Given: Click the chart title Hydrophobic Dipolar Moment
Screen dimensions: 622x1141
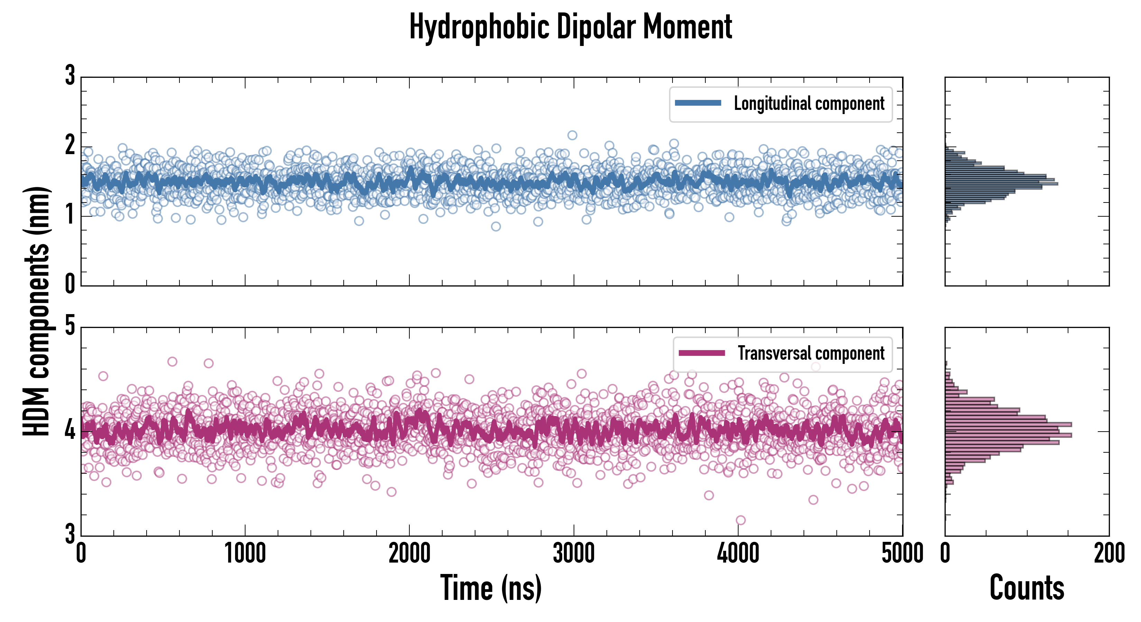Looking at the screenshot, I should coord(570,27).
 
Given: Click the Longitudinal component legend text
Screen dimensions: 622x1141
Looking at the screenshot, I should coord(809,104).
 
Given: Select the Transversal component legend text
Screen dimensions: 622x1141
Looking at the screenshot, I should coord(810,353).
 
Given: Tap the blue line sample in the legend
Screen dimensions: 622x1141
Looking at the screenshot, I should coord(698,103).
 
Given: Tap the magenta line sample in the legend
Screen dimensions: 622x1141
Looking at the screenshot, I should coord(702,353).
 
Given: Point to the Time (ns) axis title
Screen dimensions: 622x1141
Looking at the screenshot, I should coord(491,588).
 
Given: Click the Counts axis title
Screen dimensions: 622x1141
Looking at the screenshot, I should coord(1027,588).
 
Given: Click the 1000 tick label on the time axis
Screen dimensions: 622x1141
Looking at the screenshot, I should coord(245,553).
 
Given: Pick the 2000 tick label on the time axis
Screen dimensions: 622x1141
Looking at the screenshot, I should coord(409,553).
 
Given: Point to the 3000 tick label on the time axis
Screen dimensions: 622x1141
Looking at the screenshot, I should coord(574,553).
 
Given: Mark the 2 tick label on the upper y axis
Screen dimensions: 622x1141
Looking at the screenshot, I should coord(70,146).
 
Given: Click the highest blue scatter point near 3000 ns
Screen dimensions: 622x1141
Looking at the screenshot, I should coord(572,135).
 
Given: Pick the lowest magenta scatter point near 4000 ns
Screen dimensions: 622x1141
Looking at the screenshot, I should coord(741,520).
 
